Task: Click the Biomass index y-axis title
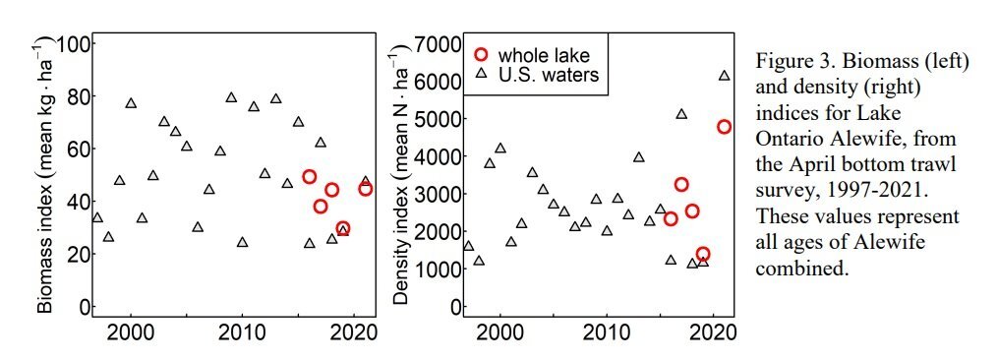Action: (44, 179)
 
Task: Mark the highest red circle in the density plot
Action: (725, 127)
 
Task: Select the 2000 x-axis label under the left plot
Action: (131, 332)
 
